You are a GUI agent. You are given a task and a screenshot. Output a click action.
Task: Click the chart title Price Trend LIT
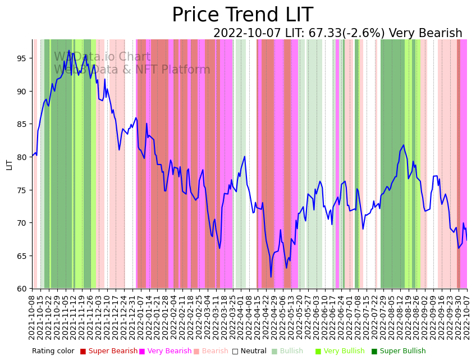pyautogui.click(x=242, y=15)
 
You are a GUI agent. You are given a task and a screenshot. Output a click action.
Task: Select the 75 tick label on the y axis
pyautogui.click(x=21, y=190)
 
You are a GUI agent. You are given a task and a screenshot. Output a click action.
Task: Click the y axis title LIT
pyautogui.click(x=9, y=164)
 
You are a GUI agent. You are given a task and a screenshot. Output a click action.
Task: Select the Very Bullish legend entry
pyautogui.click(x=344, y=352)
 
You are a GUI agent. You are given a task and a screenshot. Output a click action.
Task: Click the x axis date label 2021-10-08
pyautogui.click(x=33, y=317)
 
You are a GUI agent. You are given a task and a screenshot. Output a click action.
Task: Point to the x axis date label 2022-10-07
pyautogui.click(x=466, y=317)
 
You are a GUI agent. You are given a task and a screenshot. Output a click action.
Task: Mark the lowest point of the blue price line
pyautogui.click(x=271, y=277)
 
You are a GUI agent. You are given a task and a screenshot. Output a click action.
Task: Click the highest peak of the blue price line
pyautogui.click(x=69, y=51)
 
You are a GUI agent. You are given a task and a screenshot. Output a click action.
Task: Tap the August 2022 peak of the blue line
pyautogui.click(x=403, y=145)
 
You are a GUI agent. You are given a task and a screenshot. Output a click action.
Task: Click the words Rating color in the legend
pyautogui.click(x=53, y=352)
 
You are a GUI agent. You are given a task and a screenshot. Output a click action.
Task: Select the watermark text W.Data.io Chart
pyautogui.click(x=102, y=57)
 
